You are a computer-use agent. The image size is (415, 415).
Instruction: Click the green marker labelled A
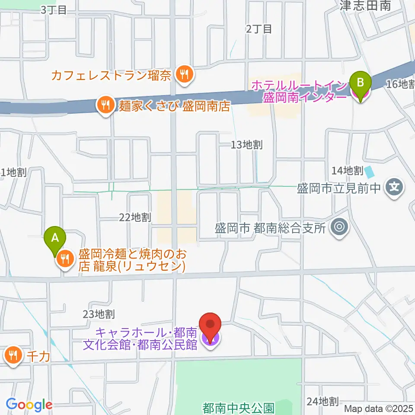click(55, 238)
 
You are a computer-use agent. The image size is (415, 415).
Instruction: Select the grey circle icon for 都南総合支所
click(339, 227)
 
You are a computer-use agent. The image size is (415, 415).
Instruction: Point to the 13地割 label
click(246, 145)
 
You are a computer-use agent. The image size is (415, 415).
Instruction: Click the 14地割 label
click(347, 171)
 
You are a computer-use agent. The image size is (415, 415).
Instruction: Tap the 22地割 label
click(135, 217)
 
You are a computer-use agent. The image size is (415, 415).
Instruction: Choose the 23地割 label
click(99, 313)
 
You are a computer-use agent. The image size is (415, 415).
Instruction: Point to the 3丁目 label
click(54, 10)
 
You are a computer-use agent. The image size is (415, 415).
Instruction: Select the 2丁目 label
click(259, 29)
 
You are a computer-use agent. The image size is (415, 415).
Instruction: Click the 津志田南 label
click(365, 5)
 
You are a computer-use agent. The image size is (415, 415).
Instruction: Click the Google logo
click(29, 405)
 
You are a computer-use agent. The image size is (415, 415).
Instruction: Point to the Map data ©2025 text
click(379, 408)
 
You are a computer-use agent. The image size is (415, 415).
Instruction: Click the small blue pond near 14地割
click(370, 172)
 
